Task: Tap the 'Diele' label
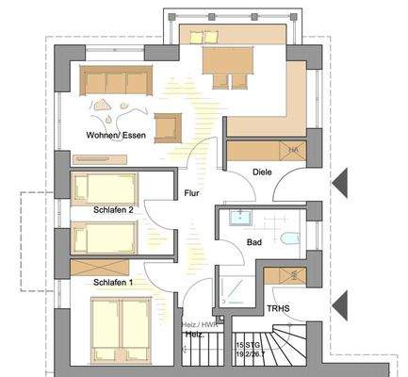pyautogui.click(x=263, y=172)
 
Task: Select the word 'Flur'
pyautogui.click(x=193, y=193)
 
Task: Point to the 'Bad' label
pyautogui.click(x=254, y=242)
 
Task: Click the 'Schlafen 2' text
pyautogui.click(x=113, y=211)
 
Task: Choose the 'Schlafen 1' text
pyautogui.click(x=113, y=282)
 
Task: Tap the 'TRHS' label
pyautogui.click(x=278, y=307)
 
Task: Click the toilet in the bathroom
pyautogui.click(x=290, y=238)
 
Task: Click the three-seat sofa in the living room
pyautogui.click(x=116, y=81)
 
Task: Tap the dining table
pyautogui.click(x=227, y=63)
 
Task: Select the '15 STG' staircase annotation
pyautogui.click(x=247, y=347)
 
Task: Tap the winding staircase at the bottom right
pyautogui.click(x=292, y=349)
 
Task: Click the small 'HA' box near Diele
pyautogui.click(x=293, y=150)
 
